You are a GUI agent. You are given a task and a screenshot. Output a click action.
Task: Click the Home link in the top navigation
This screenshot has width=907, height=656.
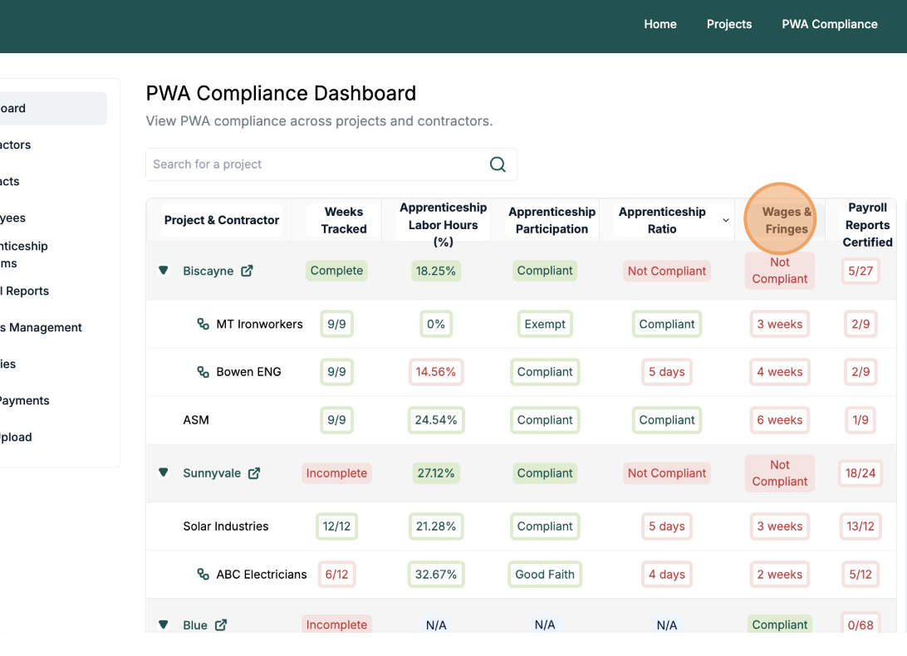click(x=659, y=24)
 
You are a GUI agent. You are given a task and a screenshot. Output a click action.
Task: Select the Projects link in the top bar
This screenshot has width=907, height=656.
click(x=728, y=24)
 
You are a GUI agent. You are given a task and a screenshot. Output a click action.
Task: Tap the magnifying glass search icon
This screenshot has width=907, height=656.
click(x=498, y=164)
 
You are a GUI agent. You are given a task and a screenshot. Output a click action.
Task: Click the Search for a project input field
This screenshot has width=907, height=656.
click(x=316, y=164)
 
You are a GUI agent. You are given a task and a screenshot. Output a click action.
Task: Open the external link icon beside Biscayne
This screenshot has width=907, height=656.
click(x=247, y=271)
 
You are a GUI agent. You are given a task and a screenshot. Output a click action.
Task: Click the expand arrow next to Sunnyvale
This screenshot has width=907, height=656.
click(x=164, y=472)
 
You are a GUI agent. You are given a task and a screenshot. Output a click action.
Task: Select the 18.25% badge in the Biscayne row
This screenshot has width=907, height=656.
click(x=436, y=271)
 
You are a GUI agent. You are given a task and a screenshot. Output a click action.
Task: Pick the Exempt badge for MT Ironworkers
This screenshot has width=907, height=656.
click(x=545, y=324)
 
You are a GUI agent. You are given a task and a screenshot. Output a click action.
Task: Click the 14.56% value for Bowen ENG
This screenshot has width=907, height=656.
click(x=436, y=372)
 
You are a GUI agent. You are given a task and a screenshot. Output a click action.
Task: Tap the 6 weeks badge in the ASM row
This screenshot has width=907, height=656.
click(x=779, y=420)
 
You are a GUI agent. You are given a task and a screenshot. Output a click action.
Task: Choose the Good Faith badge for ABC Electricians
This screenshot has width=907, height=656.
click(x=545, y=575)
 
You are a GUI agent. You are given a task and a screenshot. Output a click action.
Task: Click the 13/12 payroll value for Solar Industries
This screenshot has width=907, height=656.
click(x=860, y=526)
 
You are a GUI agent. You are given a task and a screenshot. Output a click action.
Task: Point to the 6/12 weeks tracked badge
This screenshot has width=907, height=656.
click(x=336, y=575)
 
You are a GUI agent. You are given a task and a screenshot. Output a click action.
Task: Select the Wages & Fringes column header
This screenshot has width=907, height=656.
click(x=786, y=220)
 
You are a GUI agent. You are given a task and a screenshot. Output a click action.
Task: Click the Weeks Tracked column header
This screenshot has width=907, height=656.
click(x=344, y=220)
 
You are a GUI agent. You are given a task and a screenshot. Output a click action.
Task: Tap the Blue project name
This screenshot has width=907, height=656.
click(x=195, y=625)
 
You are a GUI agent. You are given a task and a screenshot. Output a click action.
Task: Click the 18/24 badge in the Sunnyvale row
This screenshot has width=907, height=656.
click(x=860, y=473)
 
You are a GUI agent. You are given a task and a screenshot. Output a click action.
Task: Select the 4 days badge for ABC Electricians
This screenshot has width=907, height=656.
click(x=666, y=575)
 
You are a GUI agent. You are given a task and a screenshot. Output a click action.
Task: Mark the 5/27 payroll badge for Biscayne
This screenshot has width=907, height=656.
click(x=860, y=271)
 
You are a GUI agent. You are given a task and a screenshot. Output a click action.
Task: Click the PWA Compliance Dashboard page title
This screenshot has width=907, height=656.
click(x=281, y=93)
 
